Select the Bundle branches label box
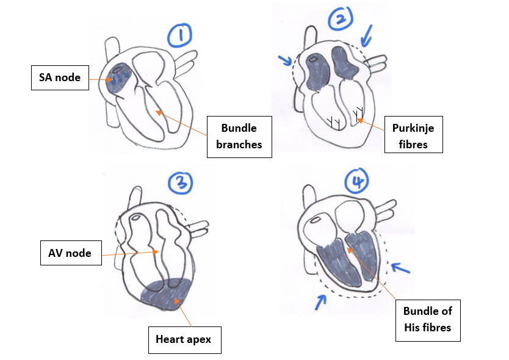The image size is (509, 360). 239,136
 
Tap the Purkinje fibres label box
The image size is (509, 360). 413,135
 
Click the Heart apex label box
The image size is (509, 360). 184,339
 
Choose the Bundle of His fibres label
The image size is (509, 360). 427,319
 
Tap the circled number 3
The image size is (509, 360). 181,184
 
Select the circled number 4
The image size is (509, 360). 355,181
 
